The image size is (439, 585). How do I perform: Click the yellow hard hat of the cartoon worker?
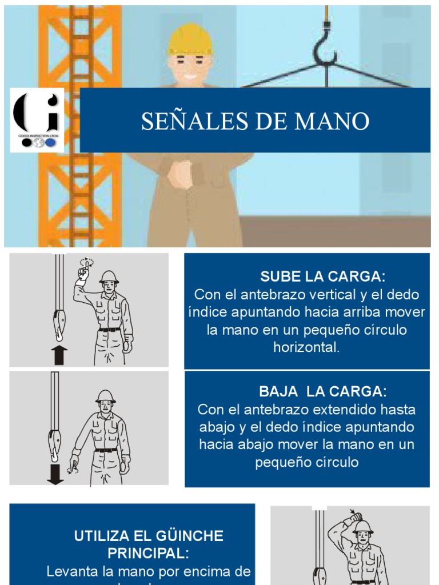190,40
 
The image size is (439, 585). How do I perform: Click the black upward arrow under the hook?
59,355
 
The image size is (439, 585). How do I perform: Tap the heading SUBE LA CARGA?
323,277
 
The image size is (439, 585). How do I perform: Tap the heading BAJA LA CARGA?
323,392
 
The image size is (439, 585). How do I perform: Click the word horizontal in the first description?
306,347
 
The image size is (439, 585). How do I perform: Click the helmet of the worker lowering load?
105,396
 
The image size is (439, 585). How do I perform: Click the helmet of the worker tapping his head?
363,526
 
